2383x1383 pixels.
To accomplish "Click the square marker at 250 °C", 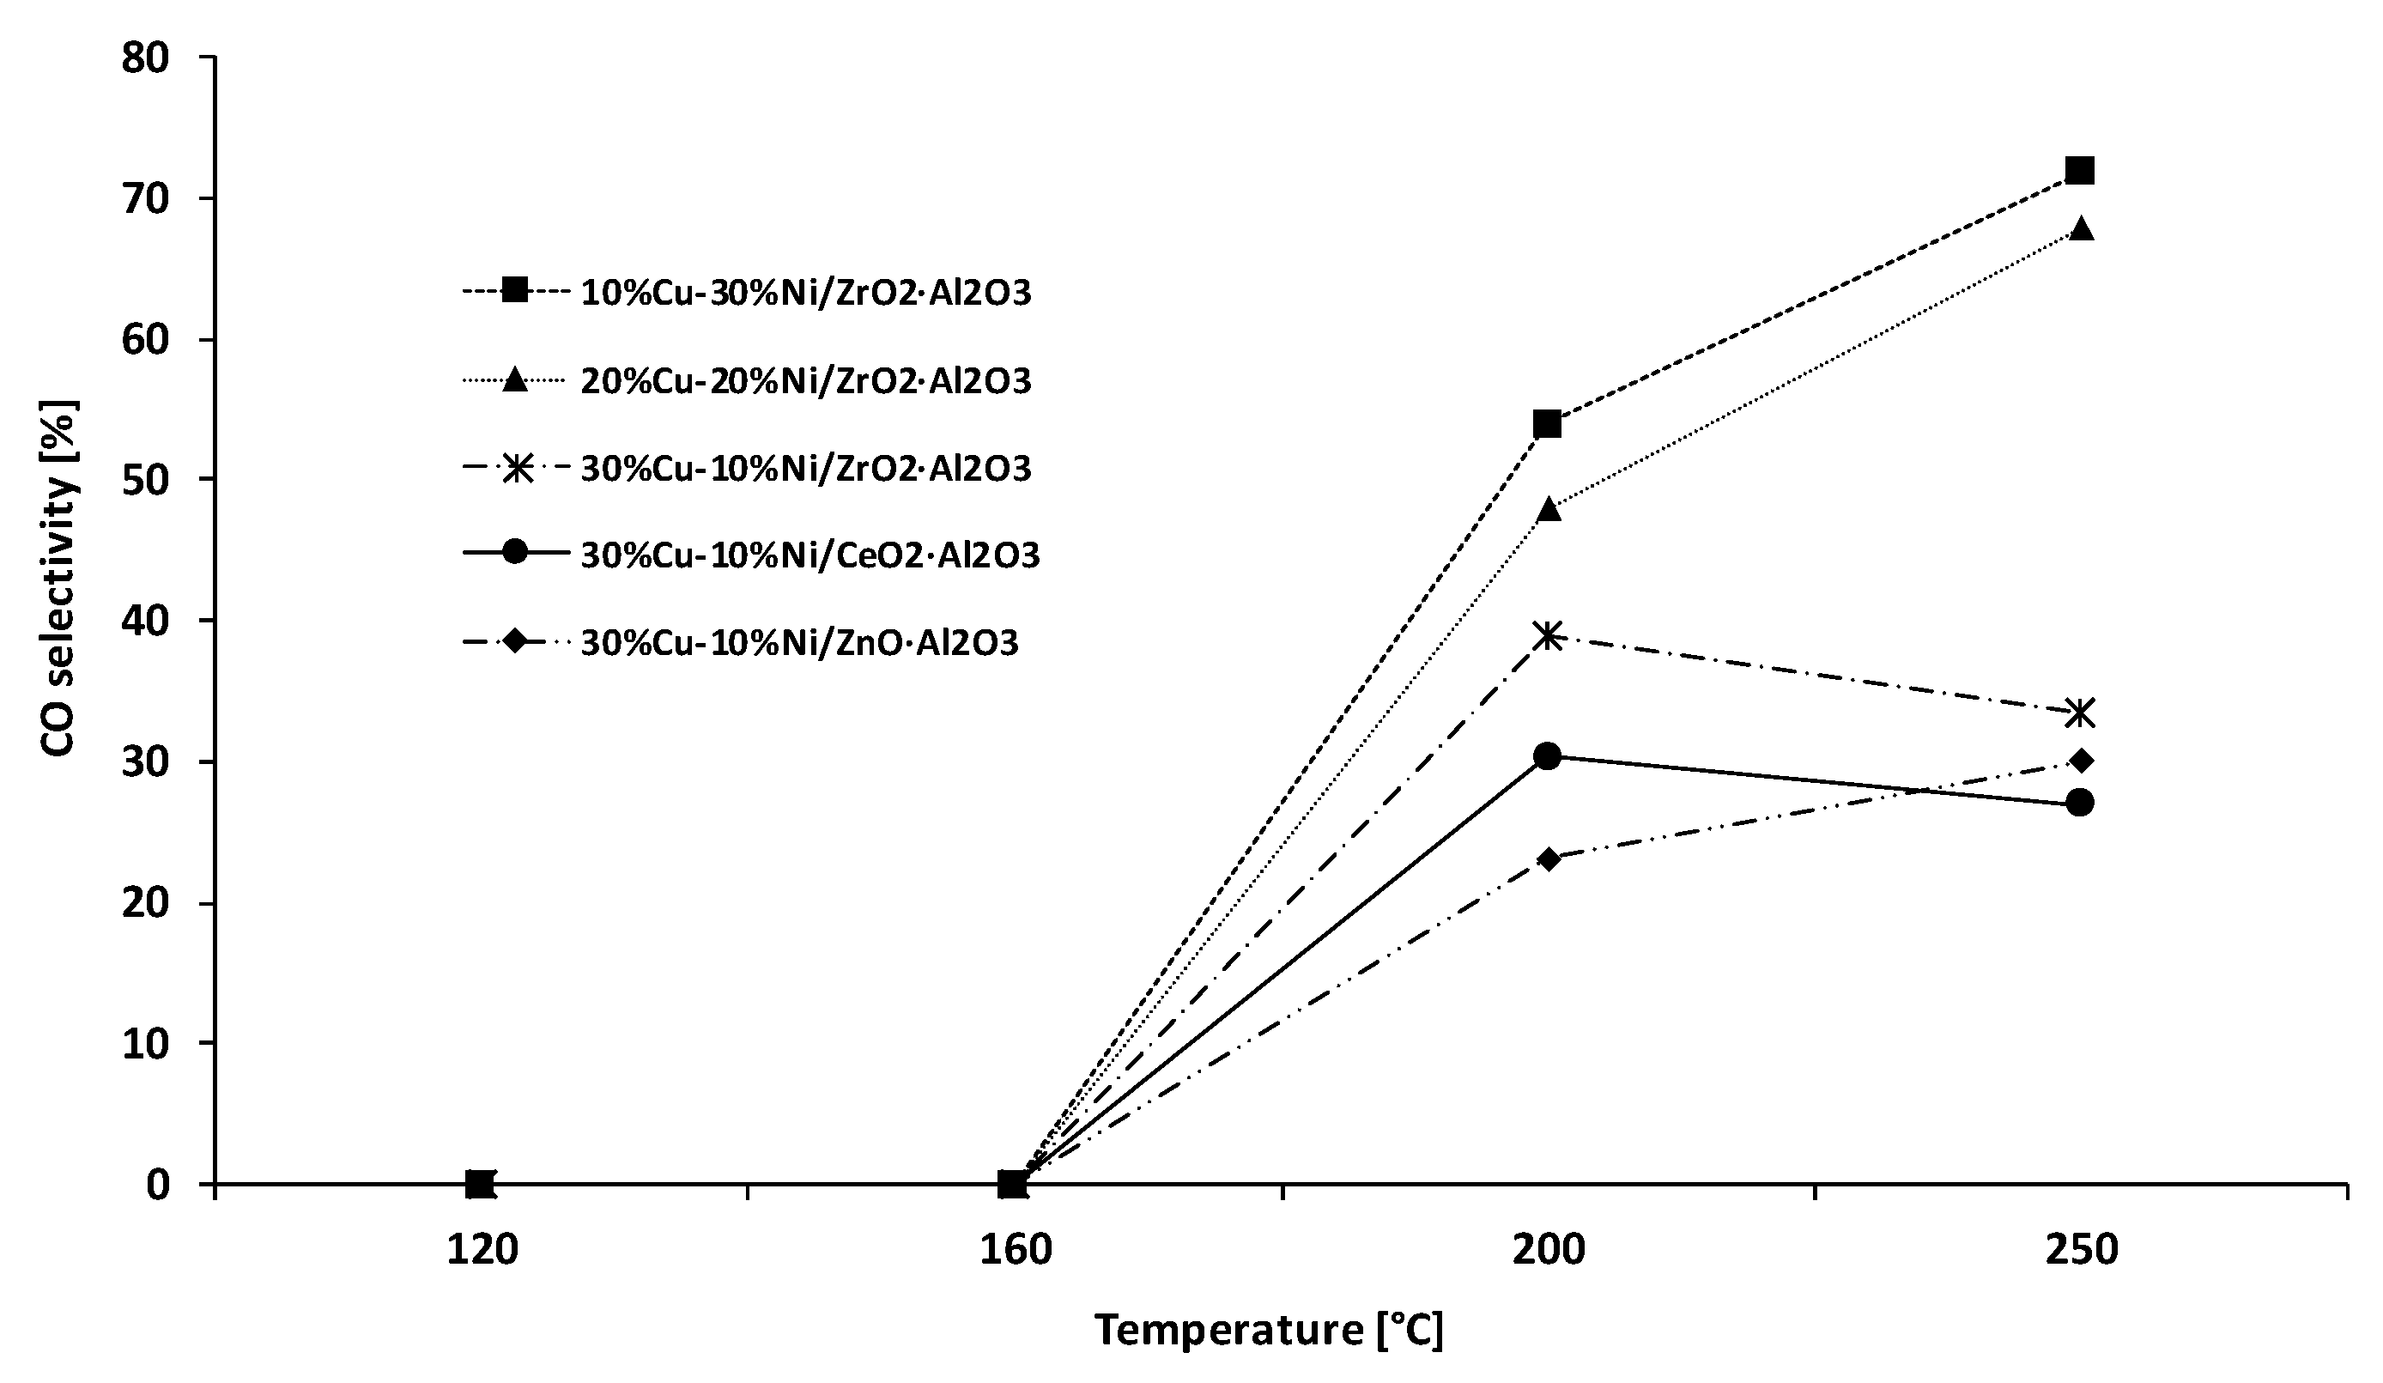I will point(2079,170).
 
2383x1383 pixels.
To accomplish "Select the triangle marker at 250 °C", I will point(2080,229).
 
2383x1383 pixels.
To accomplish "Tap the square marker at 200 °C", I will point(1547,424).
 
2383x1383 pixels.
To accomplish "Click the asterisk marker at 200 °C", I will point(1547,634).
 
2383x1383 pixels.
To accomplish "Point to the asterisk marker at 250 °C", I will point(2080,713).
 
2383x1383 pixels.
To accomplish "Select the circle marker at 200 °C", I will point(1547,755).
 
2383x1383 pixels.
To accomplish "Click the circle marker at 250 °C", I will point(2079,802).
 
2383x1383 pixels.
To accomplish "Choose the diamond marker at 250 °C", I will point(2080,760).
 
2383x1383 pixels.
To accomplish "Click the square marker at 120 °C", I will point(481,1183).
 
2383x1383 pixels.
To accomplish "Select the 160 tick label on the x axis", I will point(1015,1251).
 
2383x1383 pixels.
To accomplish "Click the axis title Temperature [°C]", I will point(1269,1329).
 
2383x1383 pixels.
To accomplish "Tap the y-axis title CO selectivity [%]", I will point(58,577).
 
